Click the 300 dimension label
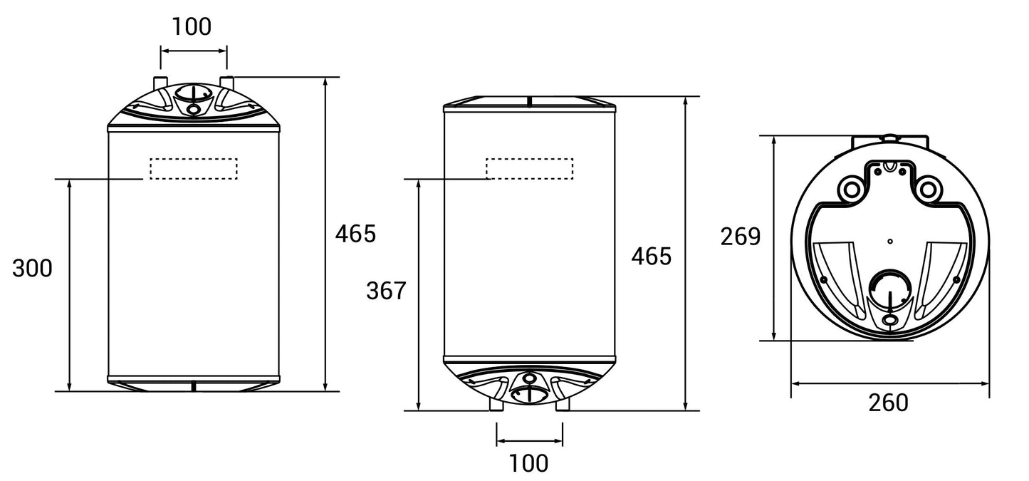[32, 269]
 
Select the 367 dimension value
[387, 291]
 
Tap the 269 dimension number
[741, 237]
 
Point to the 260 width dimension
[889, 403]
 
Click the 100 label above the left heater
[192, 26]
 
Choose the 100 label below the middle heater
[528, 463]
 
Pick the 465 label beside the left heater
[355, 234]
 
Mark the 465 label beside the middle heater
[652, 257]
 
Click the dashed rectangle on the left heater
[194, 169]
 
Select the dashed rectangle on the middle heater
[530, 169]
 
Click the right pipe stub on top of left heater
[227, 82]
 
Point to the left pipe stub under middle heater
[496, 405]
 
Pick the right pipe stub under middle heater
[563, 405]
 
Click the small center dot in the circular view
[890, 241]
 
